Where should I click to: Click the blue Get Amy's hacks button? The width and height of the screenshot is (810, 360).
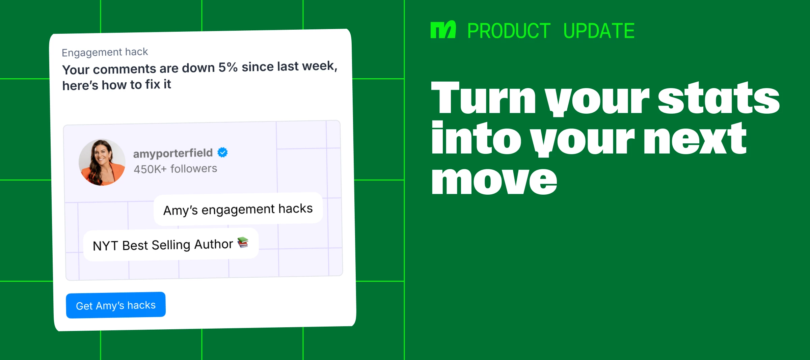(x=116, y=305)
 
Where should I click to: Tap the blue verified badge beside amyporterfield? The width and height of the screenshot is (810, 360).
(x=222, y=153)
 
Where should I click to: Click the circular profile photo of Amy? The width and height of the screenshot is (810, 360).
(x=102, y=162)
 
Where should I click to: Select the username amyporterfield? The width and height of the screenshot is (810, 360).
(x=173, y=154)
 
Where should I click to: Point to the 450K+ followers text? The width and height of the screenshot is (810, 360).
(x=175, y=169)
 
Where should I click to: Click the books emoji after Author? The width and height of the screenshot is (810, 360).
(x=243, y=242)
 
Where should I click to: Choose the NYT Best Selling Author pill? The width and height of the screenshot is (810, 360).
(x=171, y=245)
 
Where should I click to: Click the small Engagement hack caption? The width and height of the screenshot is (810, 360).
(x=105, y=52)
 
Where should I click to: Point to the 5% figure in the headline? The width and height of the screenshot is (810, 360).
(x=228, y=67)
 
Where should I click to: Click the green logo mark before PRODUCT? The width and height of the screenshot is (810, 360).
(x=443, y=30)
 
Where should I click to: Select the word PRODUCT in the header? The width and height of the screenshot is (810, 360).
(x=509, y=31)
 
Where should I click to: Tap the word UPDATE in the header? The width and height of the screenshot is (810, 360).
(x=599, y=31)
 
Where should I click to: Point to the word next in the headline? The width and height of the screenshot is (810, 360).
(x=695, y=139)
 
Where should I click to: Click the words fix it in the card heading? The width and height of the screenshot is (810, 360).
(x=158, y=84)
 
